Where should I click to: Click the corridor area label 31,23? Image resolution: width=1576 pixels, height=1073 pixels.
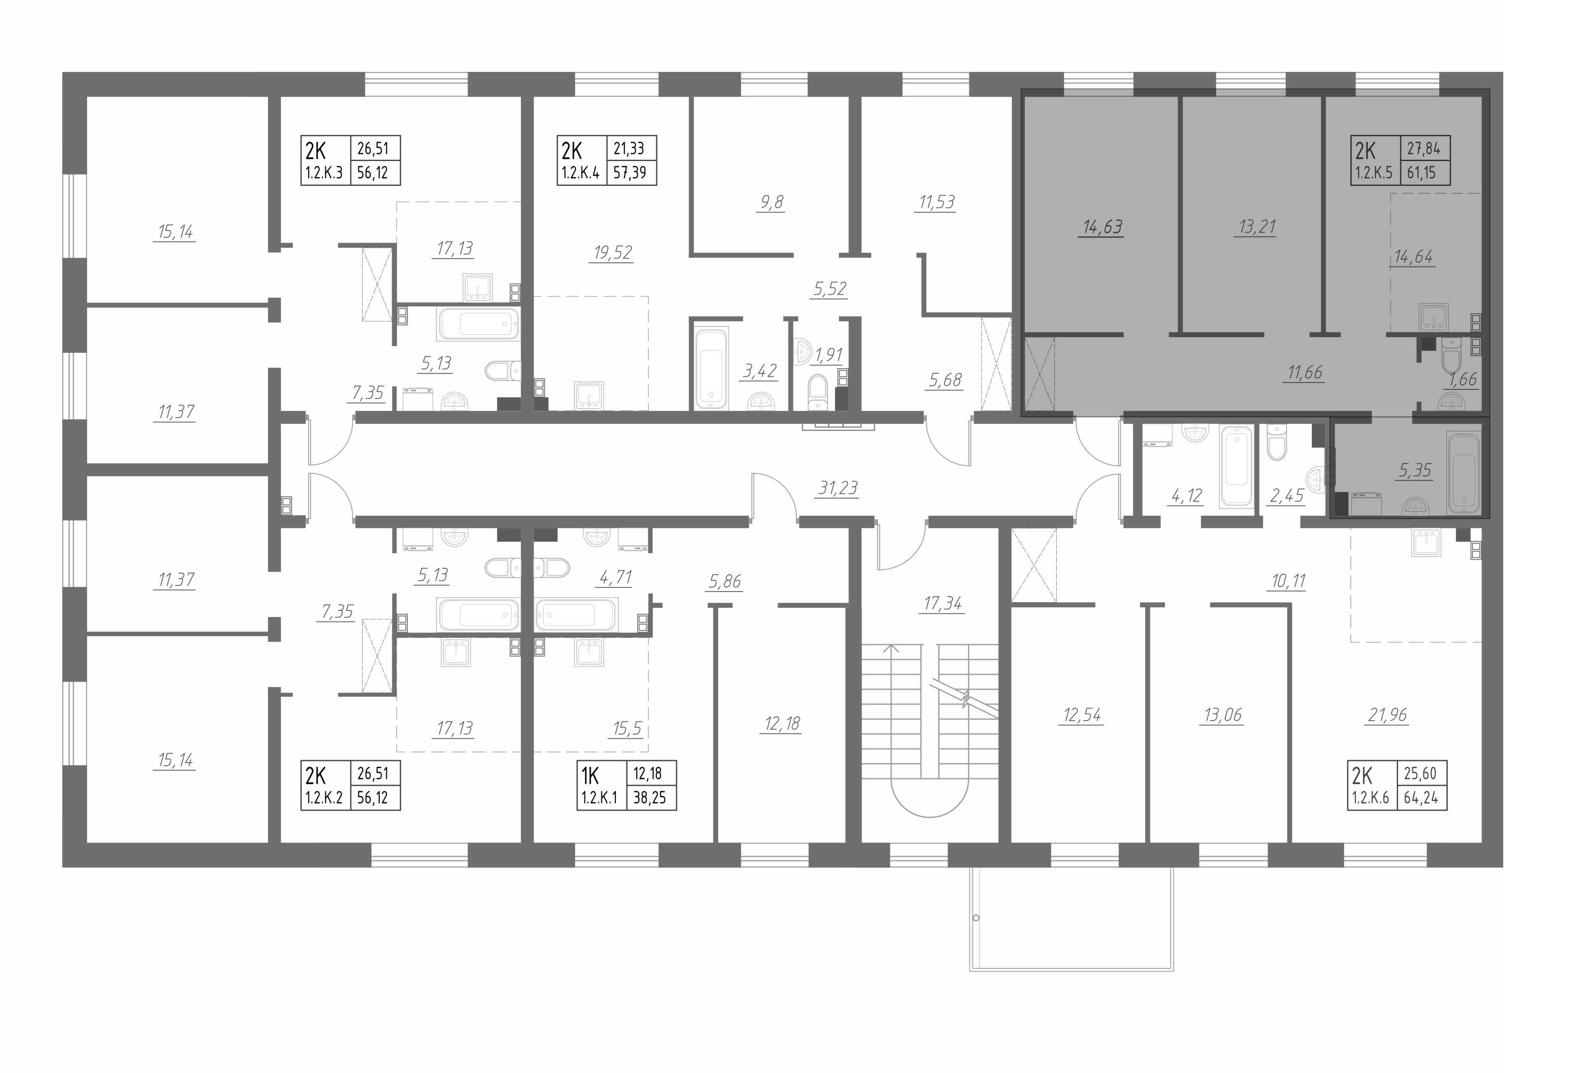tap(838, 488)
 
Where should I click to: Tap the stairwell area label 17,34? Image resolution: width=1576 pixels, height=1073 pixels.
tap(943, 603)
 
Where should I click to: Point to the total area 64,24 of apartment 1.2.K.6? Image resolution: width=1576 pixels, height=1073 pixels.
tap(1421, 798)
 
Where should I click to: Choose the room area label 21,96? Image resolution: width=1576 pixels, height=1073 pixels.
tap(1388, 715)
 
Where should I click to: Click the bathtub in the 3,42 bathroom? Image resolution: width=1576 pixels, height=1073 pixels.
tap(711, 368)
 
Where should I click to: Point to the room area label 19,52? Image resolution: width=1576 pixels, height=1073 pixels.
tap(613, 253)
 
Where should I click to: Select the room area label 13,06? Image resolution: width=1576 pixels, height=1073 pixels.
tap(1223, 715)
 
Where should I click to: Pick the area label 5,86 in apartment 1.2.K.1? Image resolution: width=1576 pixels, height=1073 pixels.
tap(725, 581)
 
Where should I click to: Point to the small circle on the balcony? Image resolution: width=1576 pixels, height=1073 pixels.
tap(976, 918)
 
